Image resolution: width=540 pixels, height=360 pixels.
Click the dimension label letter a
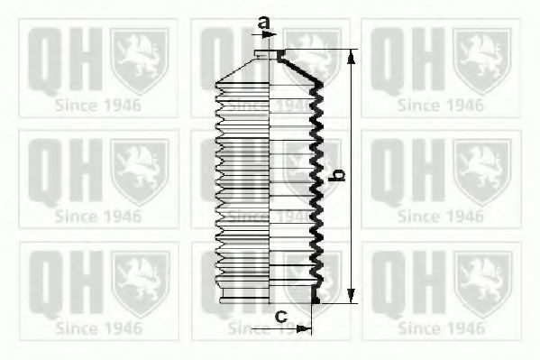[x=263, y=23]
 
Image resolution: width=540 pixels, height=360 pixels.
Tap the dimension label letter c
[x=281, y=316]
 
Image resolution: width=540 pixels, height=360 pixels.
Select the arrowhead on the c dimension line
[x=304, y=329]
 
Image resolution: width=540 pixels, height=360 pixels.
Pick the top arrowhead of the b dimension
[x=351, y=57]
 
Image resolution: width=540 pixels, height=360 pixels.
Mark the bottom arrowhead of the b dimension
[x=351, y=296]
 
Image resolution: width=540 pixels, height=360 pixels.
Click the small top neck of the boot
[x=270, y=54]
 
